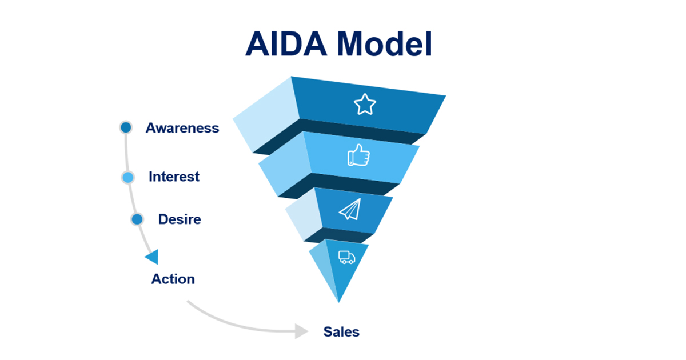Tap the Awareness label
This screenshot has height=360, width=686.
[x=182, y=127]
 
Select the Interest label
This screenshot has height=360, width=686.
[x=174, y=177]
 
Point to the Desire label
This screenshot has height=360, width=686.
[x=180, y=219]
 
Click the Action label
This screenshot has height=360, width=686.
[x=173, y=279]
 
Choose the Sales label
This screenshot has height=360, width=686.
[x=341, y=331]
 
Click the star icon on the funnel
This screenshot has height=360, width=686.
[x=365, y=105]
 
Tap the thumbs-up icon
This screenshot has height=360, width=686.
[x=358, y=155]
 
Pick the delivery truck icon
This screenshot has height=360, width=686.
[x=346, y=258]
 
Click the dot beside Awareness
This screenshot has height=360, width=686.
[x=126, y=127]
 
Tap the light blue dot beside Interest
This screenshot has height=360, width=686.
[x=128, y=177]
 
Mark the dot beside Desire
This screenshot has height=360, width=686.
[x=137, y=219]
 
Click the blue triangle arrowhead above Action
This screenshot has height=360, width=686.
[x=152, y=257]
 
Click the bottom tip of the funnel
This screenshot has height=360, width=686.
[x=338, y=301]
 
